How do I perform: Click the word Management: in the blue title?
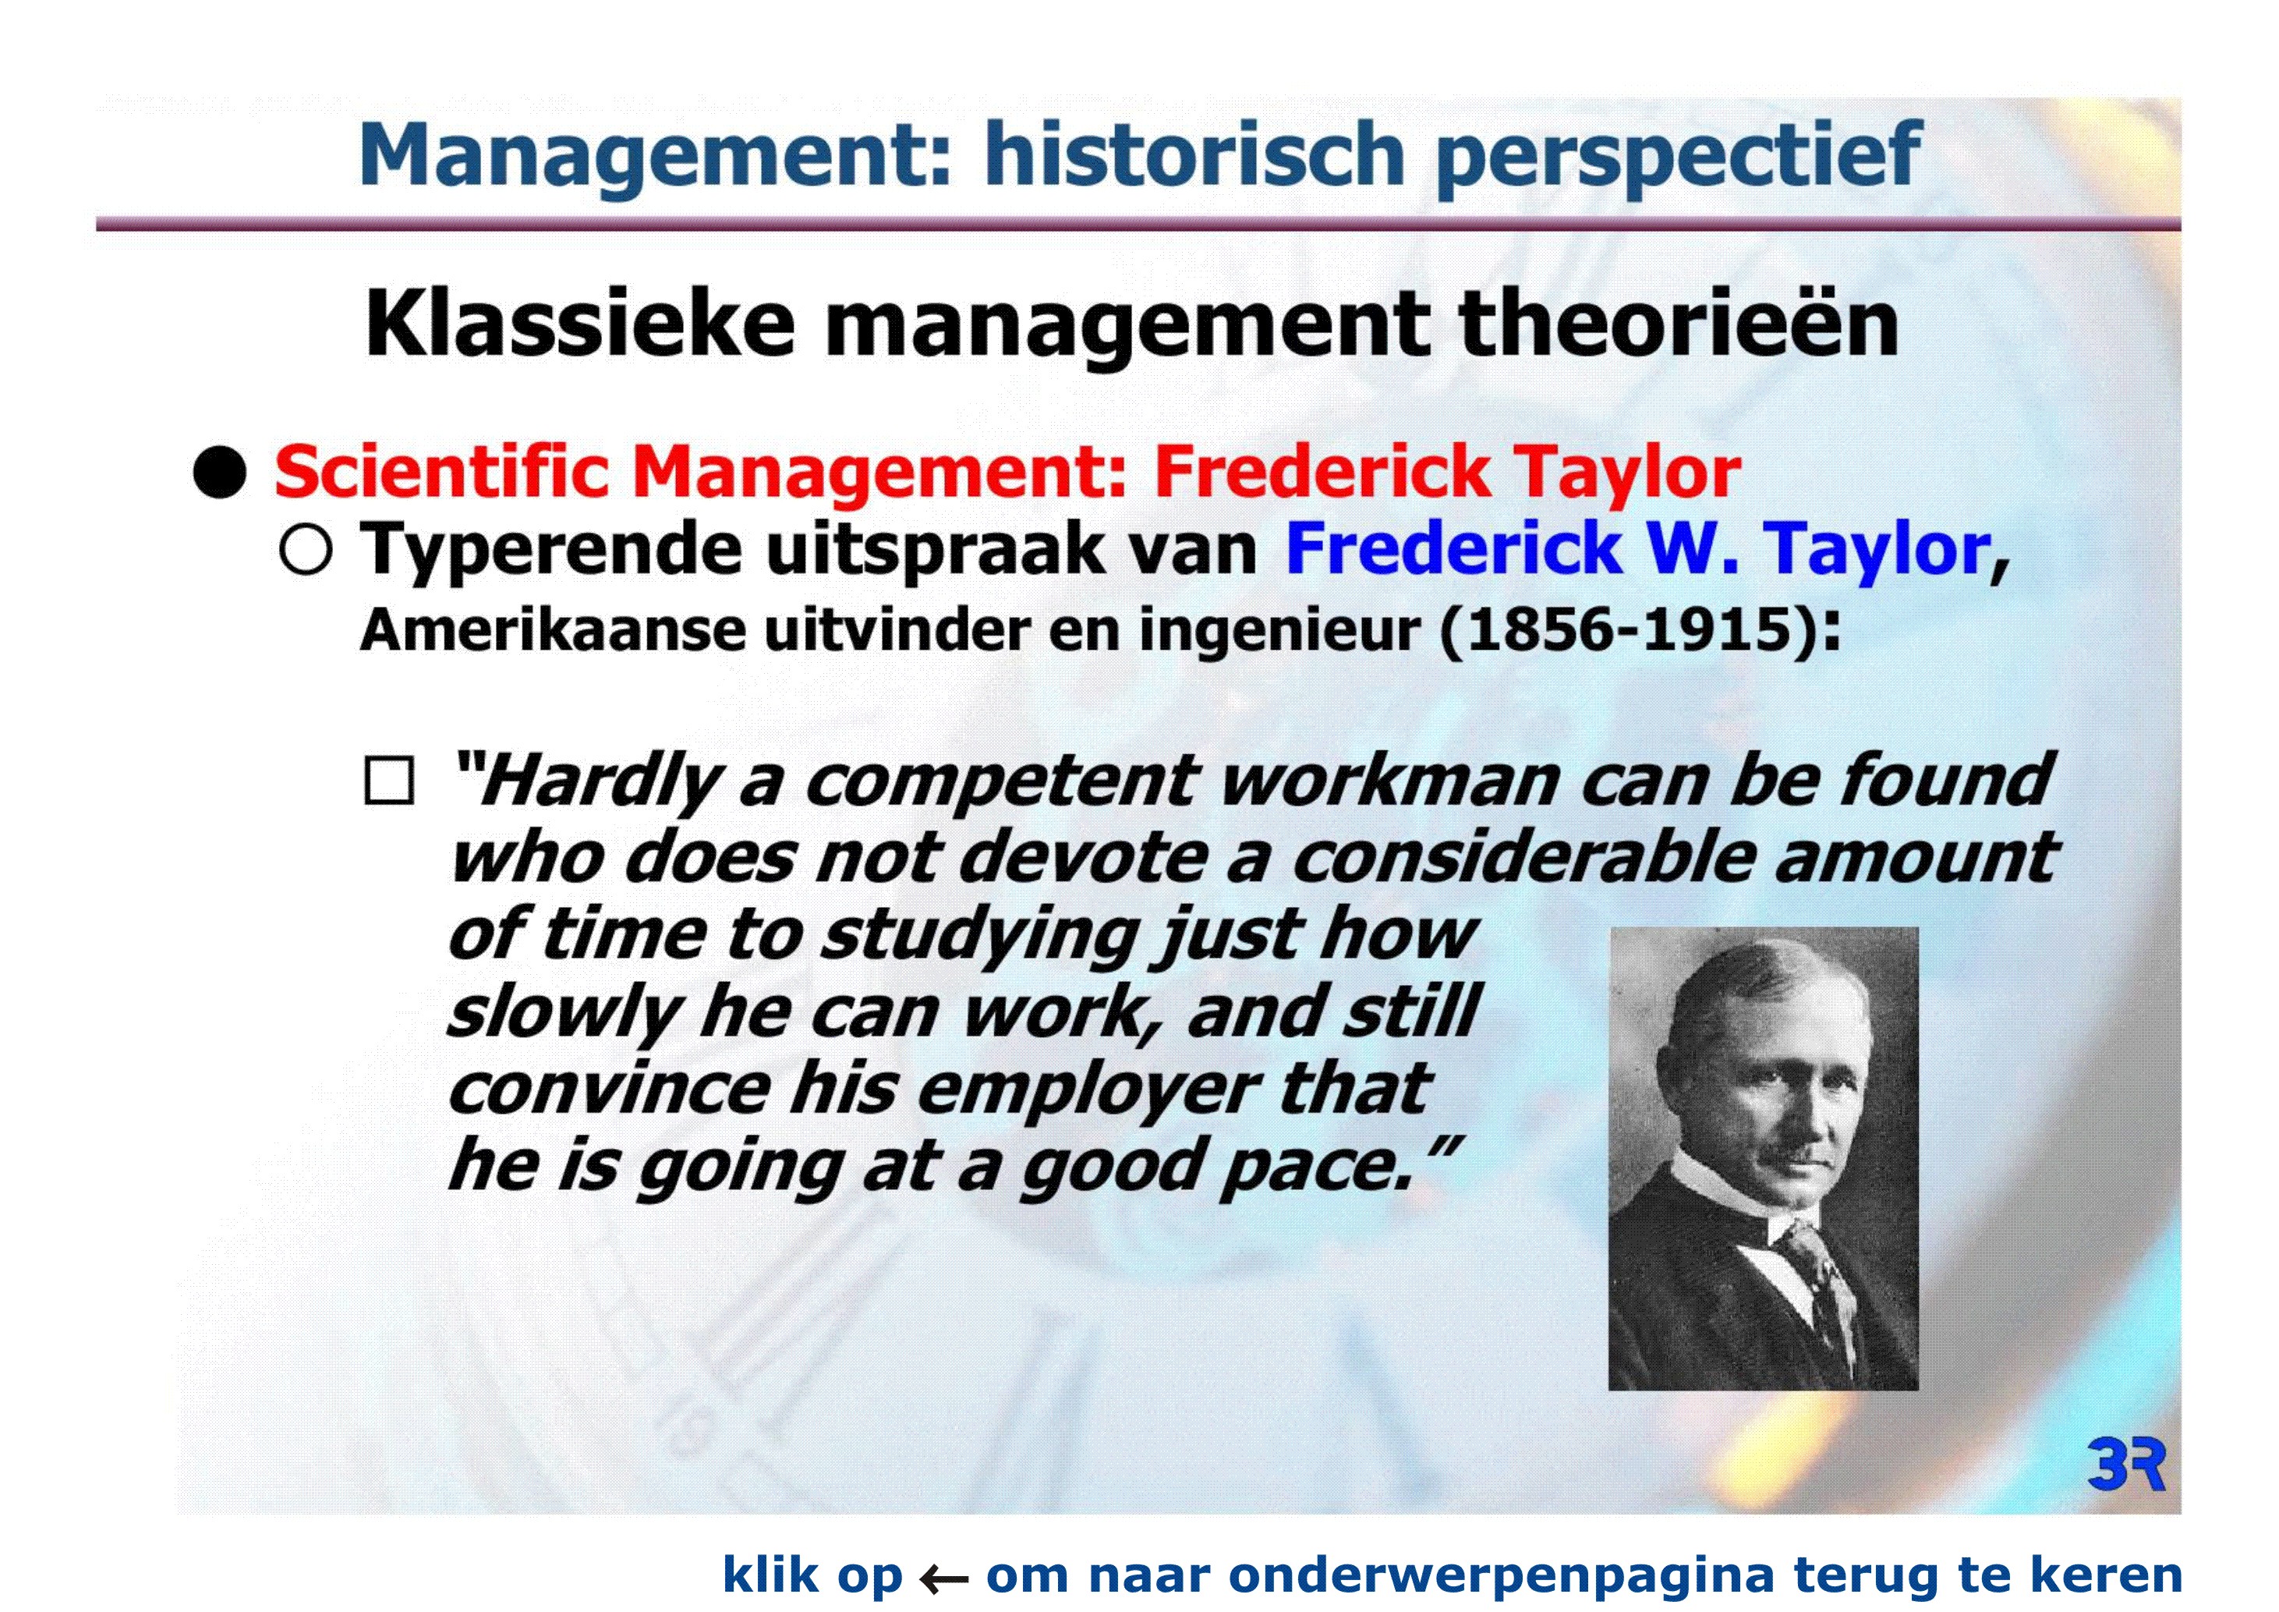656,156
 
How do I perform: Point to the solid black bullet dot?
219,472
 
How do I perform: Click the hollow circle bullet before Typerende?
306,549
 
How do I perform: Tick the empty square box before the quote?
389,781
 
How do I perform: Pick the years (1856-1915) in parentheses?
1629,629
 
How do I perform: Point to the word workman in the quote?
1389,781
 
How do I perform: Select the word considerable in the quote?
1524,856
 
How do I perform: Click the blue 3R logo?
2126,1463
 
